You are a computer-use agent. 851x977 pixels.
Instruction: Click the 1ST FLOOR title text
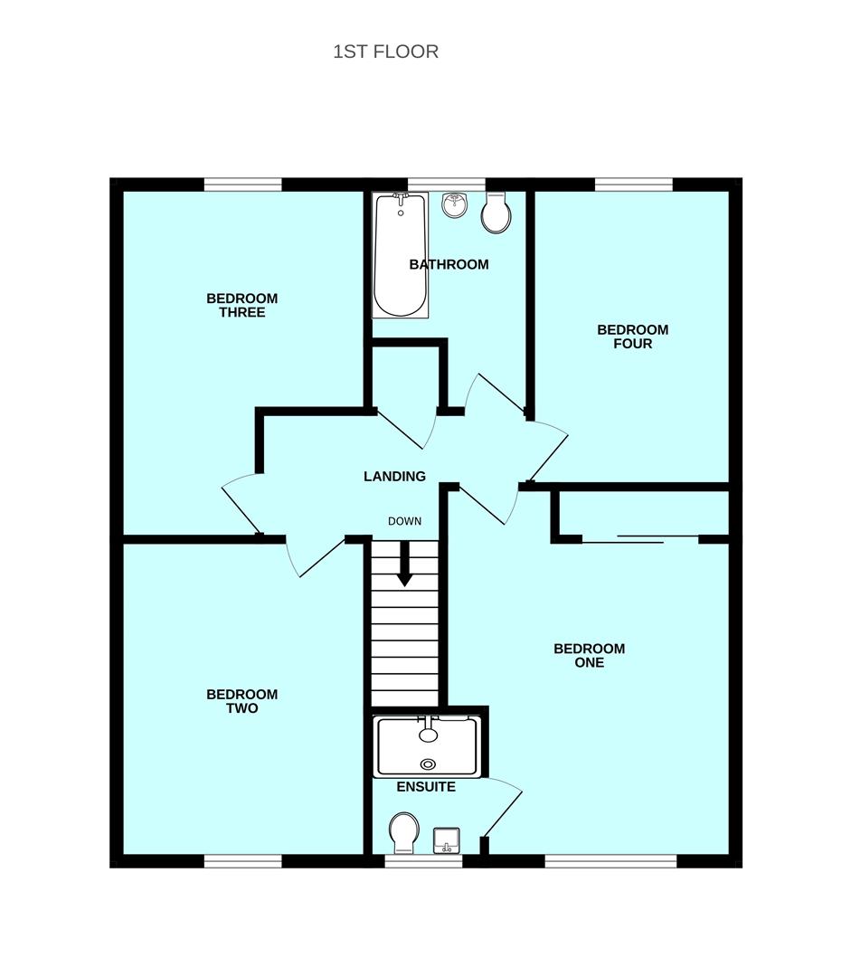click(385, 52)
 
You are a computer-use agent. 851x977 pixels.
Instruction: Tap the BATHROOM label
click(449, 265)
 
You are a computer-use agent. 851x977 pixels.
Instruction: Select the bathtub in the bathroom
click(400, 255)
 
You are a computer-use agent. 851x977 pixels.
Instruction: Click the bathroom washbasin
click(454, 205)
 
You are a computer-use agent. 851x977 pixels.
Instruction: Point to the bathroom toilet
click(496, 213)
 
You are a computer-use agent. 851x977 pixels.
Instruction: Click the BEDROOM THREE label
click(241, 306)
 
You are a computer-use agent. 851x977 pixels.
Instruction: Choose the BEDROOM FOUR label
click(632, 337)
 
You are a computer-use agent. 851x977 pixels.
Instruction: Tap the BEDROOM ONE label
click(589, 655)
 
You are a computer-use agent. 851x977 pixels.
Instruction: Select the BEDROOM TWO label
click(241, 701)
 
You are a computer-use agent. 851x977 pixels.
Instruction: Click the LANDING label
click(394, 477)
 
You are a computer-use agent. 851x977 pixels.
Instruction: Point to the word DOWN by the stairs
click(404, 521)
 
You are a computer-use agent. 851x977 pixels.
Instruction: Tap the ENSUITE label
click(426, 787)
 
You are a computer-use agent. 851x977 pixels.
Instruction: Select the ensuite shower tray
click(427, 747)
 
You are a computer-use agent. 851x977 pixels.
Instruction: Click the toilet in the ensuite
click(403, 830)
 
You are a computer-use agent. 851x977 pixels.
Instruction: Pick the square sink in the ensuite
click(446, 840)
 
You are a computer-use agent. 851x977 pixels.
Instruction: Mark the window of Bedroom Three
click(242, 185)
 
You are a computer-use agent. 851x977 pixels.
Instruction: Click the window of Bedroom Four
click(633, 185)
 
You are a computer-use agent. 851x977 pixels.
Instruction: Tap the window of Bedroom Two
click(242, 862)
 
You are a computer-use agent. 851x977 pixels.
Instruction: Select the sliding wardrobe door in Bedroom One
click(640, 540)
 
